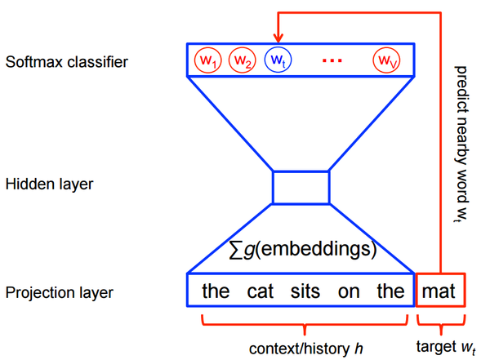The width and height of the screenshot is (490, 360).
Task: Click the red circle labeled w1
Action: point(206,60)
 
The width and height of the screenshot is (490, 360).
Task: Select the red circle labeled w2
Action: point(241,60)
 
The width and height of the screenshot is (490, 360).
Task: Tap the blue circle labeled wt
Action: point(277,60)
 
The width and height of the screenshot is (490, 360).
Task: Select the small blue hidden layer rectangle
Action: point(301,186)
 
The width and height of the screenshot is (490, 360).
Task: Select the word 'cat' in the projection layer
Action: point(259,291)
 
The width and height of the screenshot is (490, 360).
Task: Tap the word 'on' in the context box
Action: point(349,291)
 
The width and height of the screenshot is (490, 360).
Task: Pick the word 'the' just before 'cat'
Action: point(216,291)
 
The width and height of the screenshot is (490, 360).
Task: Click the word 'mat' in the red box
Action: point(441,291)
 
